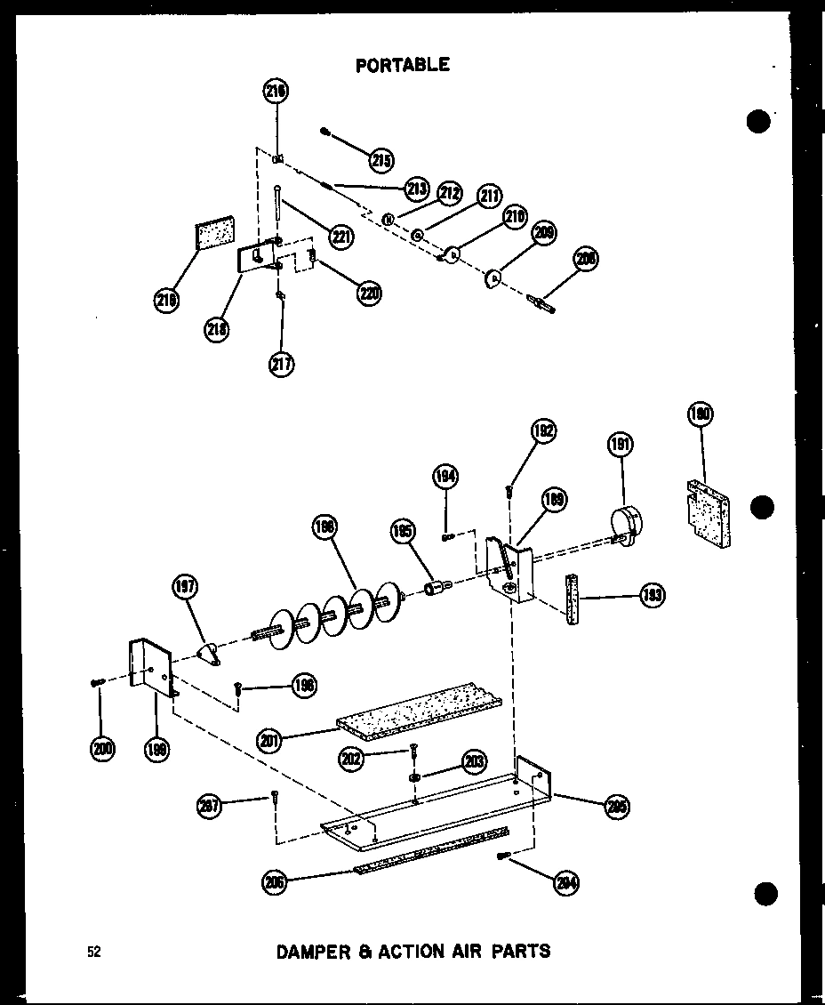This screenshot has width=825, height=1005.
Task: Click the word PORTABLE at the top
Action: tap(402, 65)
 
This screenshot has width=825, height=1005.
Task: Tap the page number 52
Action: tap(93, 952)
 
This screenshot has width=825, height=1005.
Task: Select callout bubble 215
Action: tap(382, 161)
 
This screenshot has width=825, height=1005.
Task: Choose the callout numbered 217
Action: tap(281, 363)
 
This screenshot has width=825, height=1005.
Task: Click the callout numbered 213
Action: tap(415, 189)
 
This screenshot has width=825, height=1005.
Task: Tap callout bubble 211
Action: tap(488, 195)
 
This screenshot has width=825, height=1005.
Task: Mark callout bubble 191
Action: tap(621, 444)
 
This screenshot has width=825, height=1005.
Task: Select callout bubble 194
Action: tap(445, 477)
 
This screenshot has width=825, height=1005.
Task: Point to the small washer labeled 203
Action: tap(415, 778)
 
